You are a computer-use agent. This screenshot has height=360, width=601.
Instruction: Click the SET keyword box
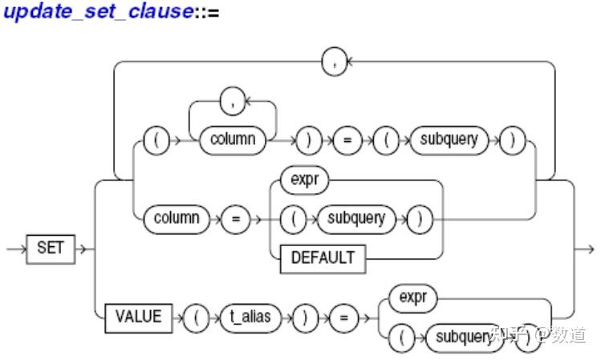(x=49, y=249)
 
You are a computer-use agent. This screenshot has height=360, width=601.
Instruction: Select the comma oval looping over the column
(x=232, y=102)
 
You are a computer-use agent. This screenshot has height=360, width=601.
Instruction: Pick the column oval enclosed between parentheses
(x=233, y=139)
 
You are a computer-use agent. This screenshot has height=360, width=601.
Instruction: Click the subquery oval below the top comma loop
(x=448, y=139)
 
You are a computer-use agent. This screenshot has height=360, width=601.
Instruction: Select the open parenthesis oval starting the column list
(x=154, y=139)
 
